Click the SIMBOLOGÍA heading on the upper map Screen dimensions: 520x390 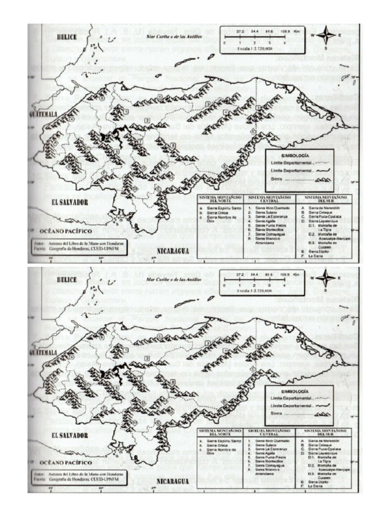tap(299, 152)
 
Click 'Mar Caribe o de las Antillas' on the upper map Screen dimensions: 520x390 tap(174, 37)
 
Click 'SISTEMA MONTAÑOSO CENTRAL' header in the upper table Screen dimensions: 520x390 tap(269, 199)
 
